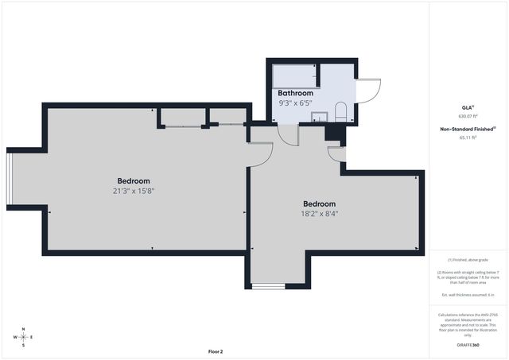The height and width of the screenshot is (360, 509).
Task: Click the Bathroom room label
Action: (295, 93)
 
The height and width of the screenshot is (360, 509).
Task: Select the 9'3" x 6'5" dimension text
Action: (295, 103)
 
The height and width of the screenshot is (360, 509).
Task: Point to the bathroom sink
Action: (318, 118)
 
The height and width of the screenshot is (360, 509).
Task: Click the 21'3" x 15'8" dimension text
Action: (134, 191)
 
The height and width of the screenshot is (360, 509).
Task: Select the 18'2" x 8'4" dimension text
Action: (324, 214)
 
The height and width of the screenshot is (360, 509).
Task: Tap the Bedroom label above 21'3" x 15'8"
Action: (134, 181)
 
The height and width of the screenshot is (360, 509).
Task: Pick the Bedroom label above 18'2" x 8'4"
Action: (319, 203)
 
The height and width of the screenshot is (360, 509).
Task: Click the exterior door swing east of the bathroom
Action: (369, 91)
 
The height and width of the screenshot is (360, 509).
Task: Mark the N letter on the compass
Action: (23, 329)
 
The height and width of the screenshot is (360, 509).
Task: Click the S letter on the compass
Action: (23, 345)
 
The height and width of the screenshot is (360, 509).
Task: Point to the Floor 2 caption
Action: (216, 351)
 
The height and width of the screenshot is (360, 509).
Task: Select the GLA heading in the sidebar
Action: (467, 106)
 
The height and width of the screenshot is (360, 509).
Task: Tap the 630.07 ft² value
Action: (467, 116)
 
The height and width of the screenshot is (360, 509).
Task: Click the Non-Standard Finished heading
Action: (467, 129)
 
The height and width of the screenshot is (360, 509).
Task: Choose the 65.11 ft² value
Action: (468, 137)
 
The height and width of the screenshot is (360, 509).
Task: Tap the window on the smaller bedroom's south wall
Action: (268, 285)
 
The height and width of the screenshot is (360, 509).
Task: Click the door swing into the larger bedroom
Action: (259, 153)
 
